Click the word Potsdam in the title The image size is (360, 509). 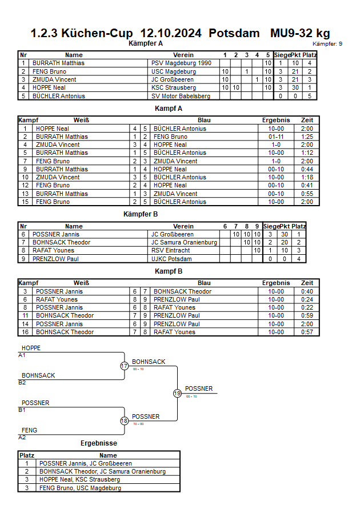pyautogui.click(x=234, y=33)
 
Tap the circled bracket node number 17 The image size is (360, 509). pyautogui.click(x=124, y=366)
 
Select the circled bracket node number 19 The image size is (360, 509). pyautogui.click(x=177, y=393)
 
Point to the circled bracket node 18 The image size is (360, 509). pyautogui.click(x=124, y=421)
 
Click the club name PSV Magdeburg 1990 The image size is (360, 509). pyautogui.click(x=181, y=63)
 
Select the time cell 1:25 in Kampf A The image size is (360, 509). pyautogui.click(x=307, y=137)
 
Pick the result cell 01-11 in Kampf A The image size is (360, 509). pyautogui.click(x=276, y=137)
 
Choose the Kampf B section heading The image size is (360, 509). pyautogui.click(x=169, y=271)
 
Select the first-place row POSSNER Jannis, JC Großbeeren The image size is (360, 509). pyautogui.click(x=86, y=463)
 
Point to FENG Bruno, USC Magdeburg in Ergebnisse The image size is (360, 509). pyautogui.click(x=80, y=488)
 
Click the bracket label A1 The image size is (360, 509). pyautogui.click(x=22, y=355)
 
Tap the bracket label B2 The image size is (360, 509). pyautogui.click(x=22, y=382)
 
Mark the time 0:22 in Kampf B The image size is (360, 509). pyautogui.click(x=307, y=307)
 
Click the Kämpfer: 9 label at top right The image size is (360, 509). pyautogui.click(x=327, y=44)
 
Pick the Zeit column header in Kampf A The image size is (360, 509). pyautogui.click(x=307, y=121)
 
